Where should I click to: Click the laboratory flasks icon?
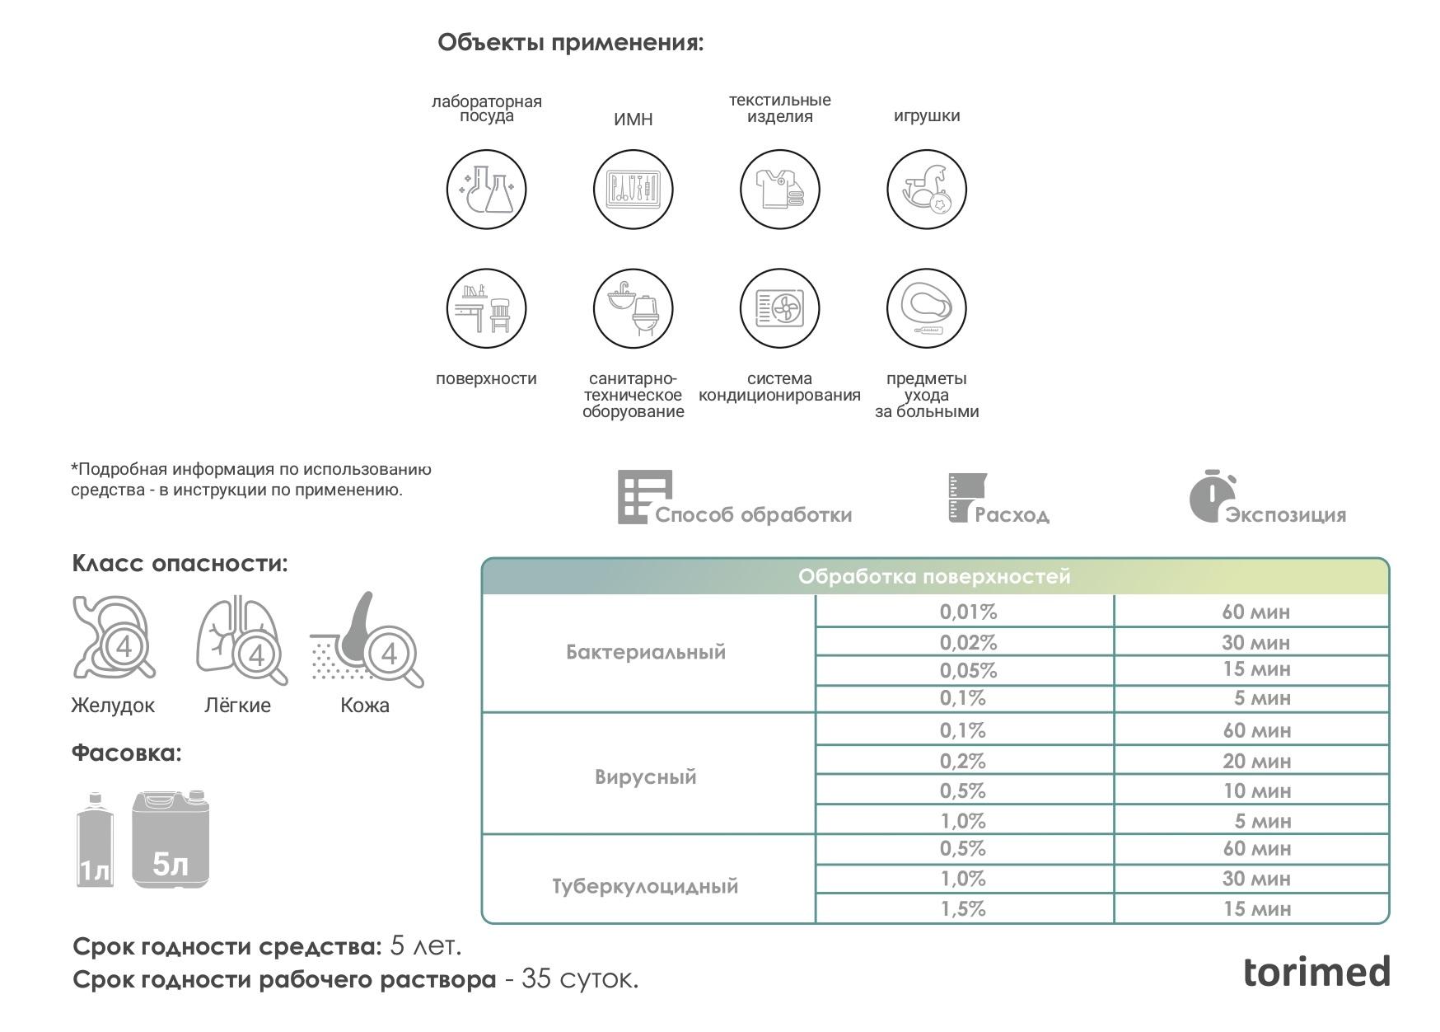[486, 190]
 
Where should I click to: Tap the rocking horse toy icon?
[927, 190]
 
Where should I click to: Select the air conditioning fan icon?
[779, 309]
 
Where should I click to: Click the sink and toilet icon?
[633, 309]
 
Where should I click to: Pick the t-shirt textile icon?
[779, 190]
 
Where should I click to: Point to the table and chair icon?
[486, 309]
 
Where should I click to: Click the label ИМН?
[633, 120]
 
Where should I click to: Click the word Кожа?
[365, 706]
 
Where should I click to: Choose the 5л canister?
[171, 839]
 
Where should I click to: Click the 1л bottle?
[95, 842]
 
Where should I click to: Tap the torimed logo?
[1316, 973]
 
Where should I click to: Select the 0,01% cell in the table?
[968, 612]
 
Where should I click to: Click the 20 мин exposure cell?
[1255, 761]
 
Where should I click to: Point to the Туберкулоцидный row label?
[645, 887]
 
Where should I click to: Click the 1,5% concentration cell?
[963, 909]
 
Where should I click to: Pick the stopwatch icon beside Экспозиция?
[1209, 497]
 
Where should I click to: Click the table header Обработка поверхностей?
[934, 577]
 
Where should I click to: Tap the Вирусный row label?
[645, 777]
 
